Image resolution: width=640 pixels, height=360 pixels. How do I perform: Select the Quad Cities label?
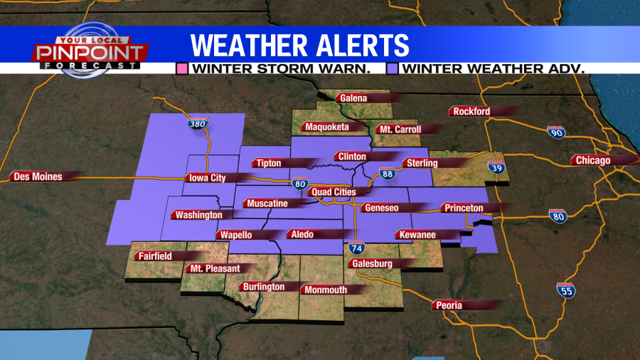click(333, 192)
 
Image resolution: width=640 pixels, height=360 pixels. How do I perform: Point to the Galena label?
click(353, 98)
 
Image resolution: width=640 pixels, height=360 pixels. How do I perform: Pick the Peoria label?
click(449, 305)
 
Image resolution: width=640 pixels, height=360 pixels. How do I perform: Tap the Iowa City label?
click(208, 178)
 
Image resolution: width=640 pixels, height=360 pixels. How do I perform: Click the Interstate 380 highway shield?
click(198, 123)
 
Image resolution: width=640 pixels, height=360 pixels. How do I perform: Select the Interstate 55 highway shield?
click(566, 290)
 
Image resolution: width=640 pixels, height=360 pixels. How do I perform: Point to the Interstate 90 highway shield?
click(556, 132)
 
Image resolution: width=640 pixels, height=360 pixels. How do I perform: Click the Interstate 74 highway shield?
click(356, 248)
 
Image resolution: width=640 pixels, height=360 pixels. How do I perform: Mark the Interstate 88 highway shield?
click(387, 173)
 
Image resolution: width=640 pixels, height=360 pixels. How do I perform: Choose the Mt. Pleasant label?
click(215, 268)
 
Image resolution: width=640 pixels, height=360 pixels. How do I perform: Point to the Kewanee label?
click(417, 234)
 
